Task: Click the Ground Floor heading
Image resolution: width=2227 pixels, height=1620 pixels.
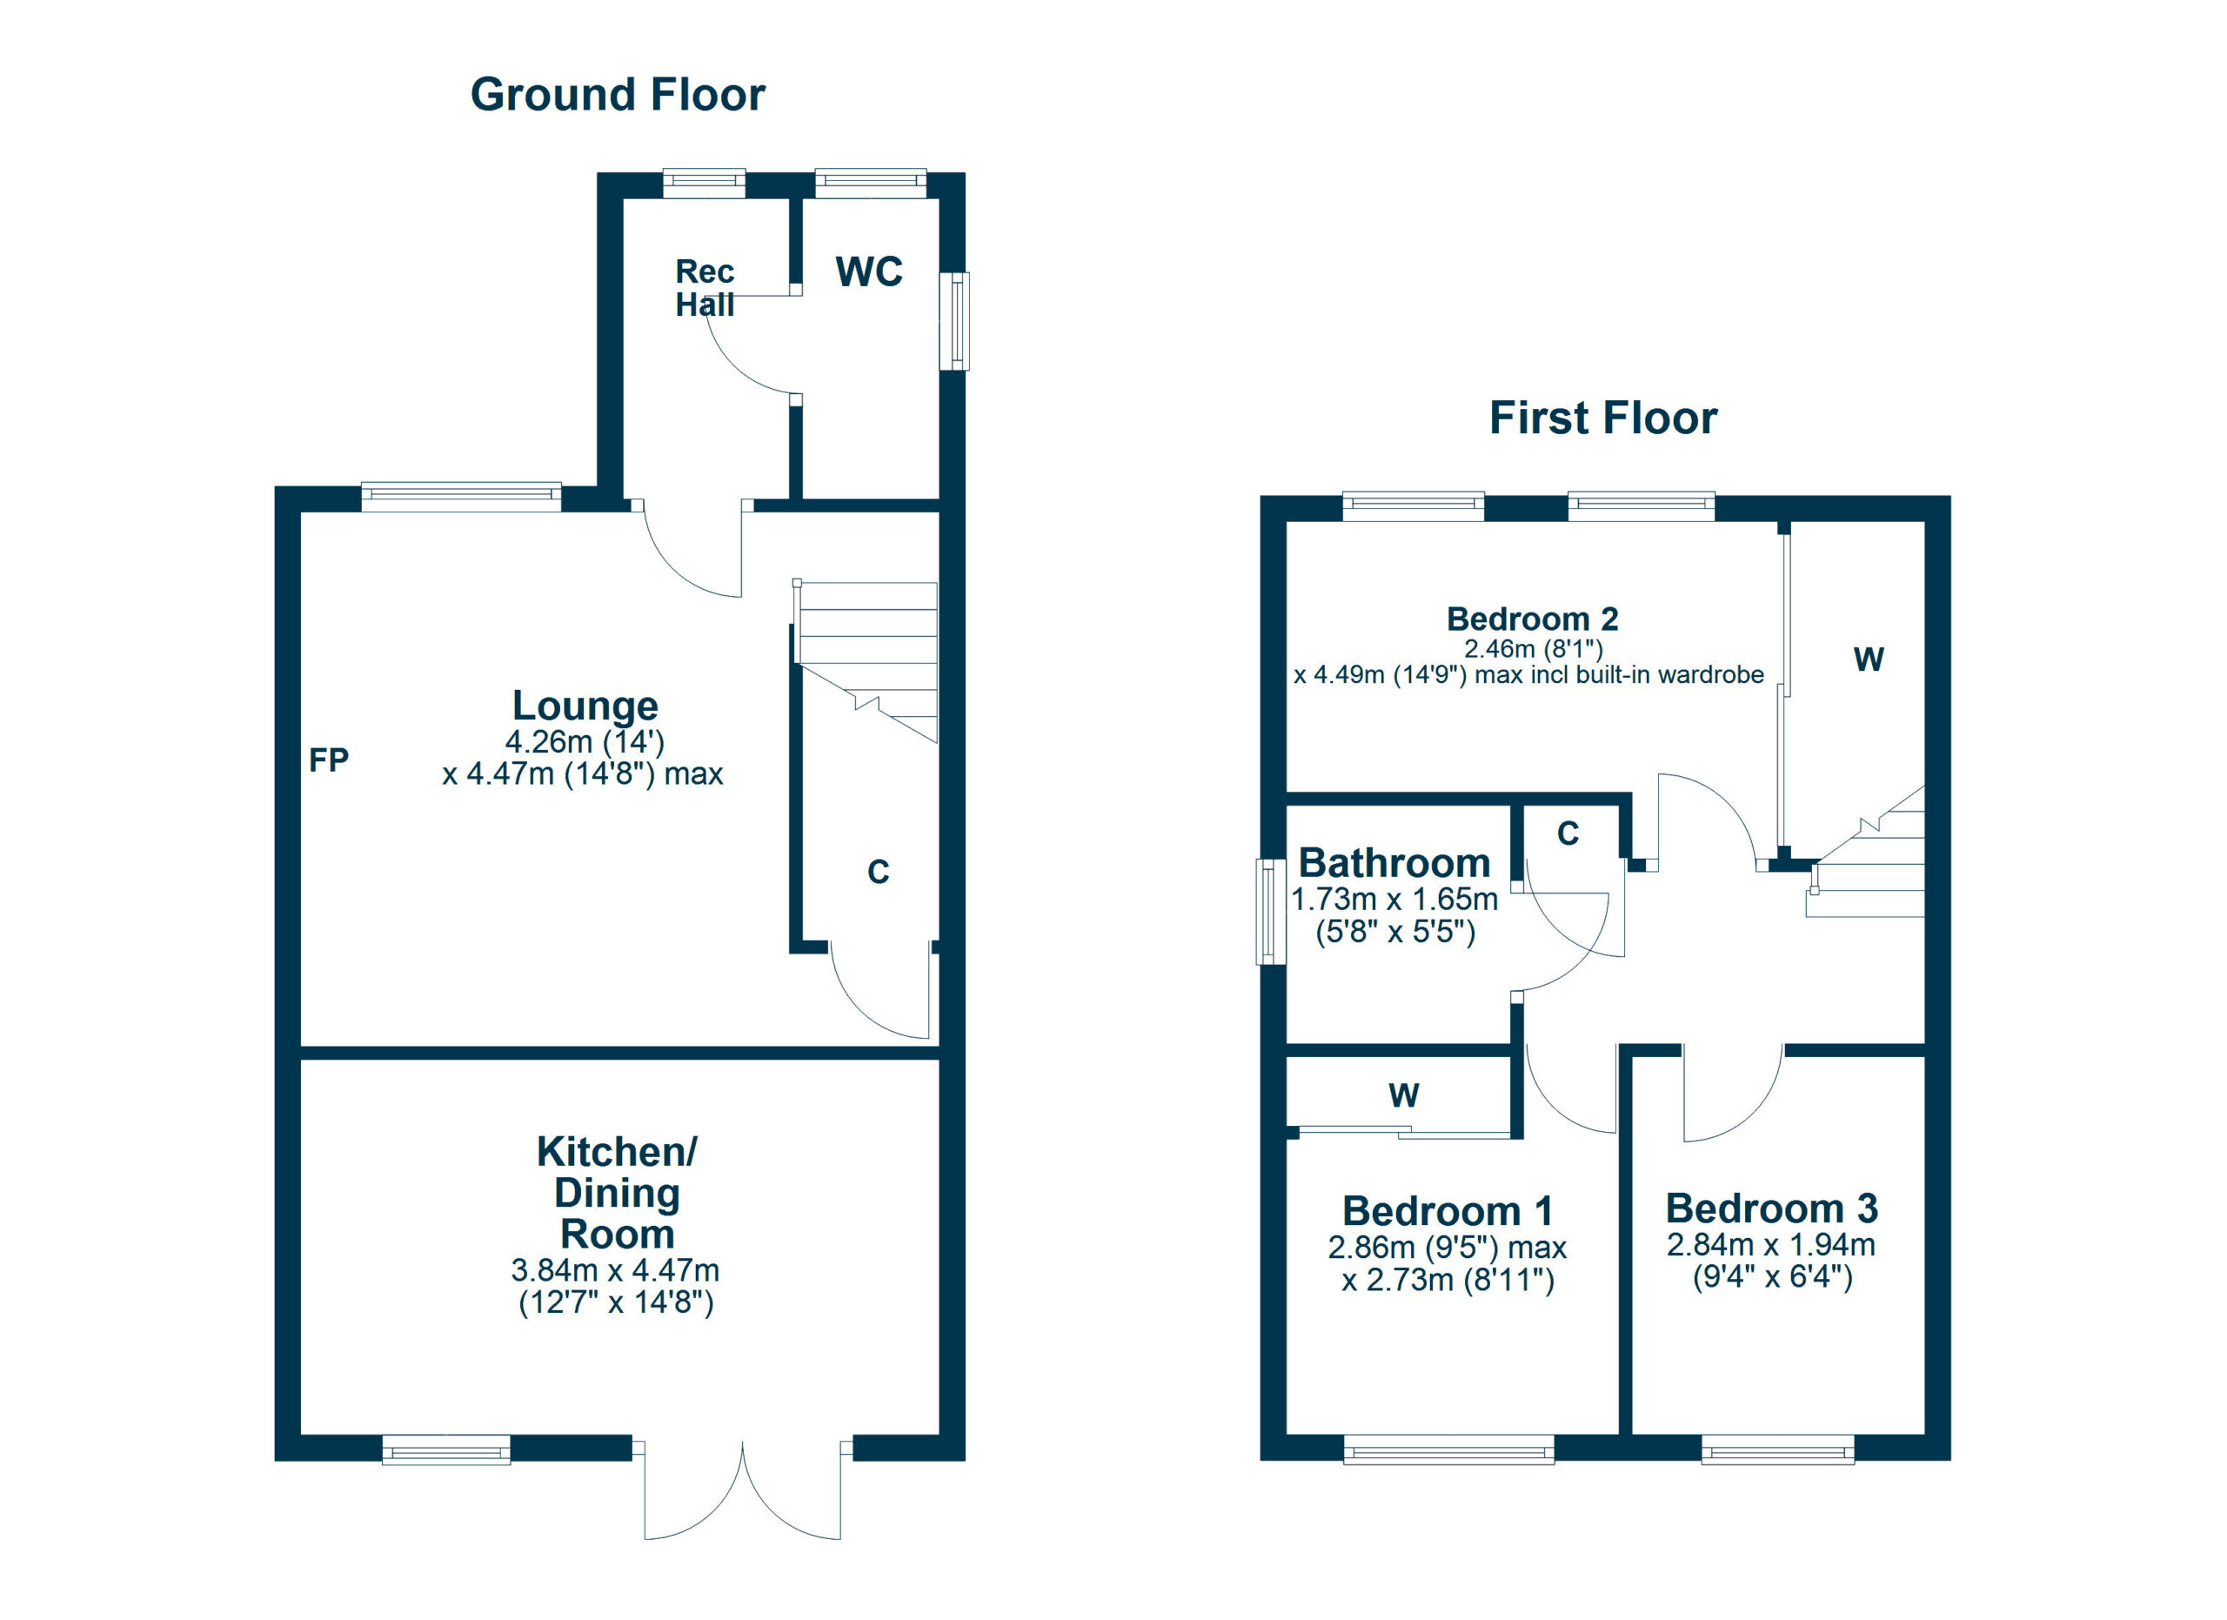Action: click(618, 95)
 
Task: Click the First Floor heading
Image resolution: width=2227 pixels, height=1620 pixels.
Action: click(1603, 418)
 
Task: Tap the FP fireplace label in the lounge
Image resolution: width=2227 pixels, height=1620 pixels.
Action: click(329, 760)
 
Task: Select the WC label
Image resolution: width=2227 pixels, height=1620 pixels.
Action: click(869, 272)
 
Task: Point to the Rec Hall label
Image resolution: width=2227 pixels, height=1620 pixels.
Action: click(705, 288)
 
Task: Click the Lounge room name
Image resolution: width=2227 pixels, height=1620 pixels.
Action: click(585, 706)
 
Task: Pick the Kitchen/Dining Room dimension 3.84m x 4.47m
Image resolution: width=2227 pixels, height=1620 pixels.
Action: click(616, 1270)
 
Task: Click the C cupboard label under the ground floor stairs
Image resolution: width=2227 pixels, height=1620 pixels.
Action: click(878, 872)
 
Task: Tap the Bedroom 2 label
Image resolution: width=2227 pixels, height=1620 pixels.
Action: click(1532, 619)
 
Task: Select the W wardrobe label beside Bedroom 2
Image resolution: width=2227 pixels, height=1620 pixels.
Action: click(1869, 659)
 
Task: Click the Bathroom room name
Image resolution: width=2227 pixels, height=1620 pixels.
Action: click(1394, 864)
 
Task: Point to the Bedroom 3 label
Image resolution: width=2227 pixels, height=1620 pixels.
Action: click(1771, 1208)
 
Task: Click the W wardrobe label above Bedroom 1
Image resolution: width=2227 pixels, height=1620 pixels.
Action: click(1404, 1095)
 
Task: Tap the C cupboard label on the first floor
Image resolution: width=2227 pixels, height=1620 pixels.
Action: click(1568, 833)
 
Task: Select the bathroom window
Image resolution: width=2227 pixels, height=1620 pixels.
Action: click(1273, 912)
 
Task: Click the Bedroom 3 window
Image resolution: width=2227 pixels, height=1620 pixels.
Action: click(1777, 1449)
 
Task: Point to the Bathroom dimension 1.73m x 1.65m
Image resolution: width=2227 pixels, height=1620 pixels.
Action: click(1394, 900)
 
